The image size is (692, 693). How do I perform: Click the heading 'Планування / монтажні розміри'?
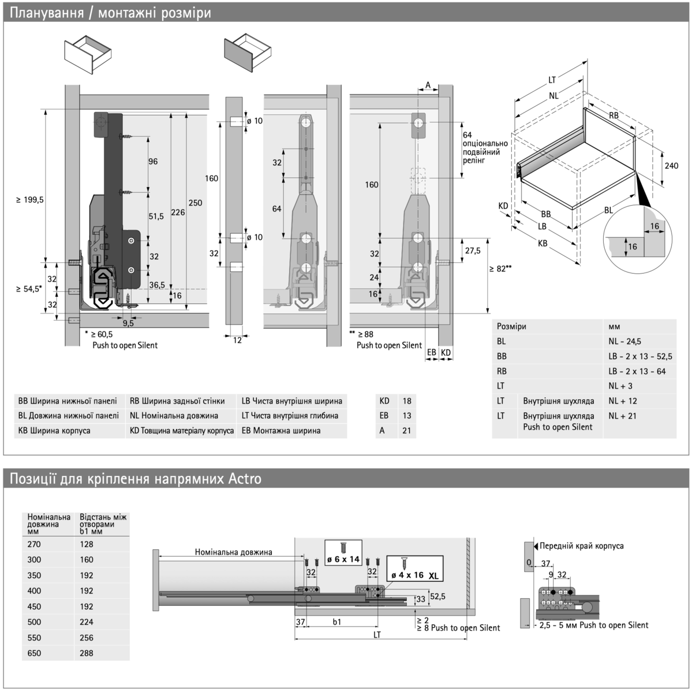pyautogui.click(x=110, y=13)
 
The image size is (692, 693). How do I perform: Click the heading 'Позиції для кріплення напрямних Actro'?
pyautogui.click(x=136, y=479)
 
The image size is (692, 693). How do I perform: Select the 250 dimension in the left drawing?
pyautogui.click(x=196, y=203)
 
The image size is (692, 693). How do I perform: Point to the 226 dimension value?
pyautogui.click(x=178, y=213)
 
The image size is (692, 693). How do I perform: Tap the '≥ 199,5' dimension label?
pyautogui.click(x=30, y=200)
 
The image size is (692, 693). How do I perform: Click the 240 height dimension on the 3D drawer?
pyautogui.click(x=671, y=166)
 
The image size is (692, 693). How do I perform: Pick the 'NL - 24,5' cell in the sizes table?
pyautogui.click(x=624, y=341)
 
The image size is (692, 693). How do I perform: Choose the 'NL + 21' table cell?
pyautogui.click(x=622, y=416)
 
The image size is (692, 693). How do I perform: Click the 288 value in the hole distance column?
pyautogui.click(x=87, y=653)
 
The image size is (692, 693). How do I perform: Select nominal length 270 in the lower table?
pyautogui.click(x=34, y=544)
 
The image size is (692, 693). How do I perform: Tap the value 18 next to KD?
pyautogui.click(x=406, y=401)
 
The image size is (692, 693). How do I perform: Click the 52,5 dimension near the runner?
pyautogui.click(x=437, y=597)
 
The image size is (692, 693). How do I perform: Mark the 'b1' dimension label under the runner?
pyautogui.click(x=337, y=622)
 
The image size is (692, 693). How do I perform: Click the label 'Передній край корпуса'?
pyautogui.click(x=581, y=546)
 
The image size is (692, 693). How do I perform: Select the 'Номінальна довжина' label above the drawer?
pyautogui.click(x=233, y=552)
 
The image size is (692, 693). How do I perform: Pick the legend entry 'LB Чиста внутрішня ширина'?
pyautogui.click(x=291, y=401)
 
